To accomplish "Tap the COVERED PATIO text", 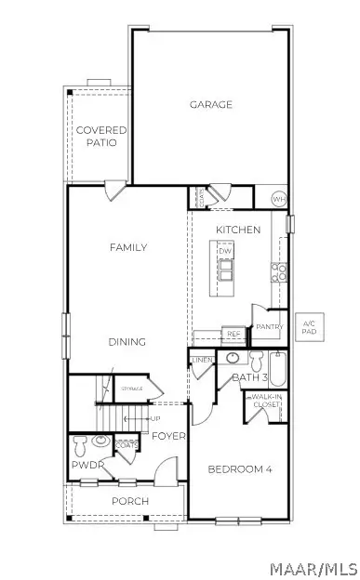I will (101, 137).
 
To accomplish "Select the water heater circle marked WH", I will (278, 199).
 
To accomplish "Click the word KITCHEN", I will (238, 229).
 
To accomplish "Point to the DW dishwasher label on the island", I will (225, 251).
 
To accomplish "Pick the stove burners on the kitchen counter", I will (277, 271).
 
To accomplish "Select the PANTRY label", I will (269, 327).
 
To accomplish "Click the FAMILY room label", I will (128, 247).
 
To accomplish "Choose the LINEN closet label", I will (203, 361).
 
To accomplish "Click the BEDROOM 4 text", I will (239, 469).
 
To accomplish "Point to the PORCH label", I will (130, 501).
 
